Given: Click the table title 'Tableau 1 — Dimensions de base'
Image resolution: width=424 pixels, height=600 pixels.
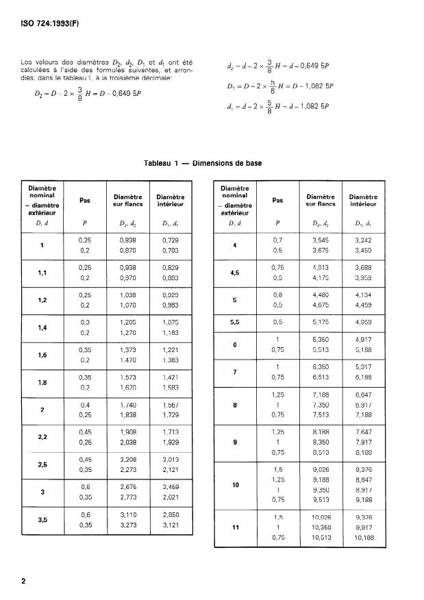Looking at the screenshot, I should (203, 163).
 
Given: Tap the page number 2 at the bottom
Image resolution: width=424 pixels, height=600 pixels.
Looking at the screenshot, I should (23, 582).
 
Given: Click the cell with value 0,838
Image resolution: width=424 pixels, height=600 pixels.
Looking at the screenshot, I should (128, 240).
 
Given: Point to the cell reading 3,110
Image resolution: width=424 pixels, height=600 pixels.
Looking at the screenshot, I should (128, 514).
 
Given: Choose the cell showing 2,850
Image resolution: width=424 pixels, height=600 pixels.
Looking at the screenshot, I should (170, 514).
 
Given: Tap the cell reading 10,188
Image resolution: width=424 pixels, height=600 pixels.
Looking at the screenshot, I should (363, 538).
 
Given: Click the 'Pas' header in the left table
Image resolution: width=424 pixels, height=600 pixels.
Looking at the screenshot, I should (85, 201).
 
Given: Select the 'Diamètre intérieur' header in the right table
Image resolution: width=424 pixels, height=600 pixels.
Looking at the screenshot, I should (363, 200).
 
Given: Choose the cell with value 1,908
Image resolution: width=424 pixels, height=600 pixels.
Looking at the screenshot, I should (128, 432).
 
